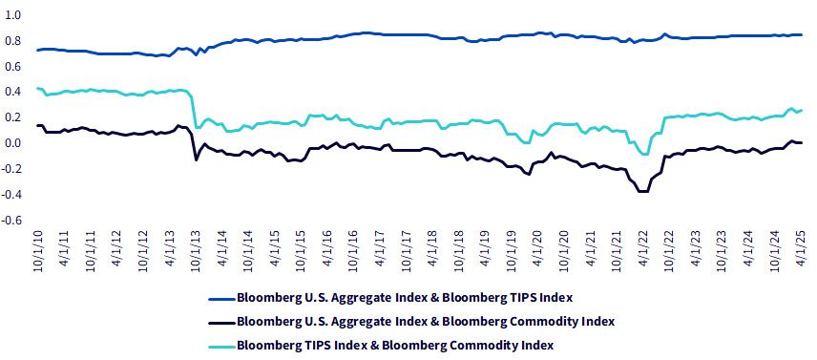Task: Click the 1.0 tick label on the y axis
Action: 13,15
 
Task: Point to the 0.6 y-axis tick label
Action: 13,66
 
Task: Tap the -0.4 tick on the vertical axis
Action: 11,195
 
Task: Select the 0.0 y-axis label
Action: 13,143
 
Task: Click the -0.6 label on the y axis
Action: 11,220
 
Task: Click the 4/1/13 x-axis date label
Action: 171,249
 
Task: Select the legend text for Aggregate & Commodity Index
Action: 426,322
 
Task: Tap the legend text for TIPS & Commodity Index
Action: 395,346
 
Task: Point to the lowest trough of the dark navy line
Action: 643,191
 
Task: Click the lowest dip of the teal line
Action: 645,154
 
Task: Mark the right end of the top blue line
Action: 802,35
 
